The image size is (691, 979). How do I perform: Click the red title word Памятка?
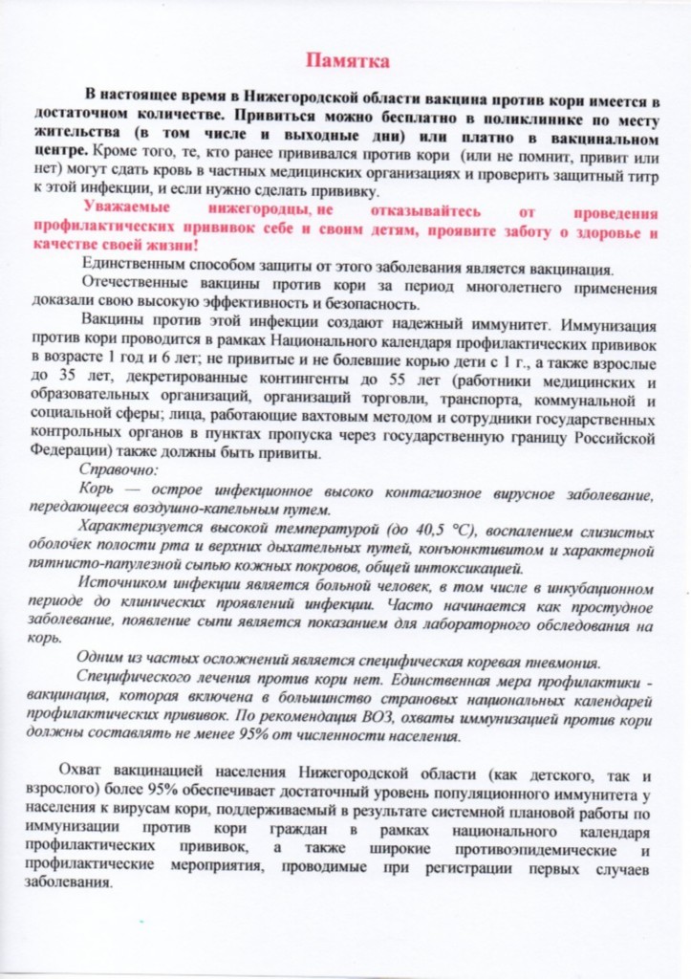(x=347, y=62)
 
